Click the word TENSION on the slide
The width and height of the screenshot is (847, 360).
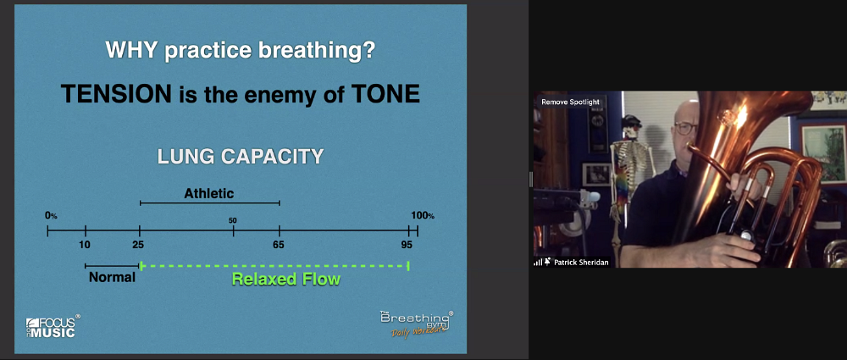[x=115, y=94]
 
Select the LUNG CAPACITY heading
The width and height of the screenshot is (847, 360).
[x=241, y=157]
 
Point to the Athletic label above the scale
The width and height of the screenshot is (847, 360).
[x=209, y=193]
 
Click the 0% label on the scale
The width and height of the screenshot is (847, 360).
[x=51, y=216]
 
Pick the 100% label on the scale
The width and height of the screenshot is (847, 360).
[x=423, y=216]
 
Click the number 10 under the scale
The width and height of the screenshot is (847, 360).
[x=84, y=245]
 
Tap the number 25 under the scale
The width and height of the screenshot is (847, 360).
[x=138, y=245]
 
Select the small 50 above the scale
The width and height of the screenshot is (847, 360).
[x=233, y=220]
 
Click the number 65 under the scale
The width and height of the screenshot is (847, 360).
[x=278, y=245]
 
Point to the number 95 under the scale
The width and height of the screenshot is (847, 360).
[x=407, y=245]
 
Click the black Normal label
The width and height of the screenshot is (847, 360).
[x=113, y=278]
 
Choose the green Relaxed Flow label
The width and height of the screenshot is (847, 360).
[x=285, y=279]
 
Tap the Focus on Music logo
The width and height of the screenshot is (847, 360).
[x=53, y=326]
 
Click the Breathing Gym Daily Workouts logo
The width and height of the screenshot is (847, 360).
[x=416, y=324]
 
